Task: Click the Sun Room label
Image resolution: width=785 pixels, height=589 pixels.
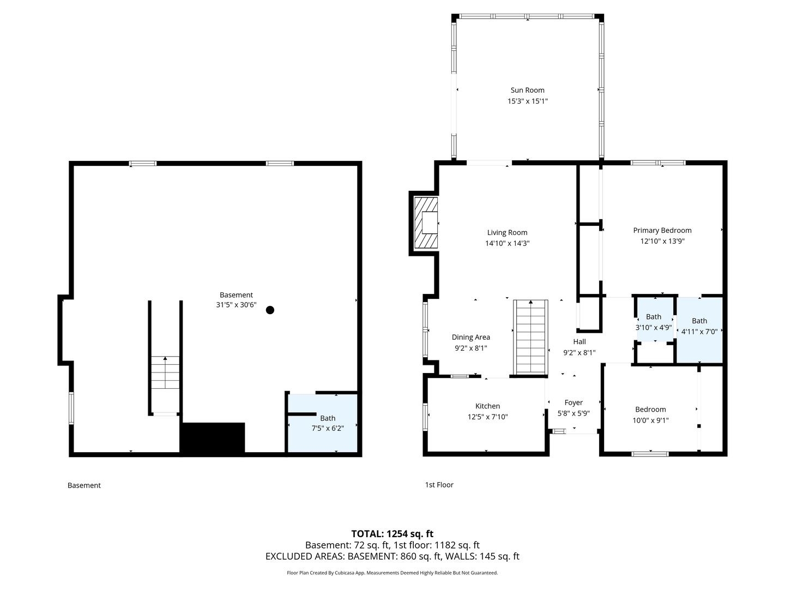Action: [527, 90]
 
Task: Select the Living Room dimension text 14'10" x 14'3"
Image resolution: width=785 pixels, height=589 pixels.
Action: [507, 243]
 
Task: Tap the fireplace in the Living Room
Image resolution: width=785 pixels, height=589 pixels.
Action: [426, 223]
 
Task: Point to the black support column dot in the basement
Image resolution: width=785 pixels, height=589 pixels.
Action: [270, 310]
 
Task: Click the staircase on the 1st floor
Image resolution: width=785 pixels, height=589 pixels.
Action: [531, 337]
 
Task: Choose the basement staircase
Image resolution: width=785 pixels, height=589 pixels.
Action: [165, 372]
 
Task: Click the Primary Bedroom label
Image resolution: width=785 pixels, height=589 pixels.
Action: [662, 230]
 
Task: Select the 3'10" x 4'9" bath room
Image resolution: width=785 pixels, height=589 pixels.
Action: [654, 320]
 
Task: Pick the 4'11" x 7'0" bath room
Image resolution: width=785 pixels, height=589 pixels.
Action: [699, 330]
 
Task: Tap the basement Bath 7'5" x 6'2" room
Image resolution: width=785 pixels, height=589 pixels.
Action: [323, 423]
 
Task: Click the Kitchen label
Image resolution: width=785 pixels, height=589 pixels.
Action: [487, 406]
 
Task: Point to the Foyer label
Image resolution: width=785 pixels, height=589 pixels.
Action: [573, 402]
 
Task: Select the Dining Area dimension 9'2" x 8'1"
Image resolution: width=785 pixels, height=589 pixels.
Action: [470, 348]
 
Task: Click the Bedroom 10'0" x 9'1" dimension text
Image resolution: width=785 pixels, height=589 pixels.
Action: [650, 420]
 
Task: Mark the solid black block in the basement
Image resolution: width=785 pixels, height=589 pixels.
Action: [213, 438]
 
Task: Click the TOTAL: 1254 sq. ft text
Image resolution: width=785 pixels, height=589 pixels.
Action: [392, 534]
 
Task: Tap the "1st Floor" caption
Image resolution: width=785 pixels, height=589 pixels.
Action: [439, 485]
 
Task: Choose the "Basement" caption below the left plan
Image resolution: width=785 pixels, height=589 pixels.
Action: [84, 485]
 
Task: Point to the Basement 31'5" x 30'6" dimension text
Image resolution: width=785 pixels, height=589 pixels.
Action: [236, 305]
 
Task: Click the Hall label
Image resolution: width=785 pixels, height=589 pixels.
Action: [579, 341]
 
